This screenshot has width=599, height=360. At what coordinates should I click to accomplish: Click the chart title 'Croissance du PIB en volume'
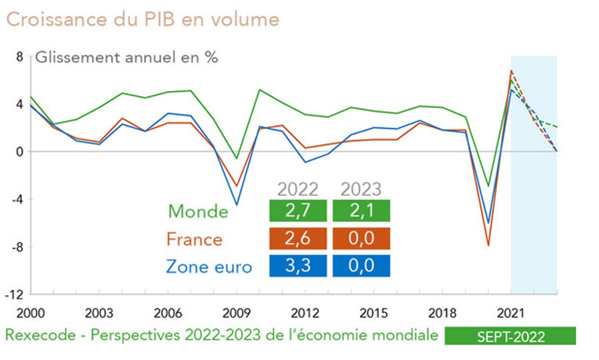(x=142, y=19)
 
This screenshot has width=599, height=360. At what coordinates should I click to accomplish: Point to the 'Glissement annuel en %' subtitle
(x=126, y=57)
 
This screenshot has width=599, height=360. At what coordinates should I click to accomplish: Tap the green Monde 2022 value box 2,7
(x=298, y=211)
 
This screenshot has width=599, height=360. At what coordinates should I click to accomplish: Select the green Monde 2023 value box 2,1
(x=361, y=211)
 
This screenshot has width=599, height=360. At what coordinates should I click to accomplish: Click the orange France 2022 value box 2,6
(x=298, y=239)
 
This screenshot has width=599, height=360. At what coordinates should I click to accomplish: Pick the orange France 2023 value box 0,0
(x=361, y=239)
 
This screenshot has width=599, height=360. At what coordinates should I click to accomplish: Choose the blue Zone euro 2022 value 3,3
(x=298, y=266)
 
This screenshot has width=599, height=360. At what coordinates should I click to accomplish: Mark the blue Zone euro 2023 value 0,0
(x=361, y=266)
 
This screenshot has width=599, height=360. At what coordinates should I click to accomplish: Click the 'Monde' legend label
(x=198, y=211)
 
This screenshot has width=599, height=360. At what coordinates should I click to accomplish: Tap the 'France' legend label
(x=194, y=239)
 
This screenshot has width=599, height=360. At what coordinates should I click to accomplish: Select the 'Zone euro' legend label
(x=209, y=267)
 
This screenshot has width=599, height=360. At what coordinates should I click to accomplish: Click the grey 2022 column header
(x=298, y=189)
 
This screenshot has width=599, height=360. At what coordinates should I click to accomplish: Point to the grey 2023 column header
(x=361, y=189)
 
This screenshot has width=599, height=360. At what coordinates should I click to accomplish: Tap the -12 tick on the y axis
(x=16, y=294)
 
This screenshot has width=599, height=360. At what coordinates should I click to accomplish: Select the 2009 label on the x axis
(x=237, y=314)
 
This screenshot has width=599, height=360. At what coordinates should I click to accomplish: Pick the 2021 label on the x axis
(x=511, y=314)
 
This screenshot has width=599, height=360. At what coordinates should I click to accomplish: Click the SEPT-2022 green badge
(x=510, y=336)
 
